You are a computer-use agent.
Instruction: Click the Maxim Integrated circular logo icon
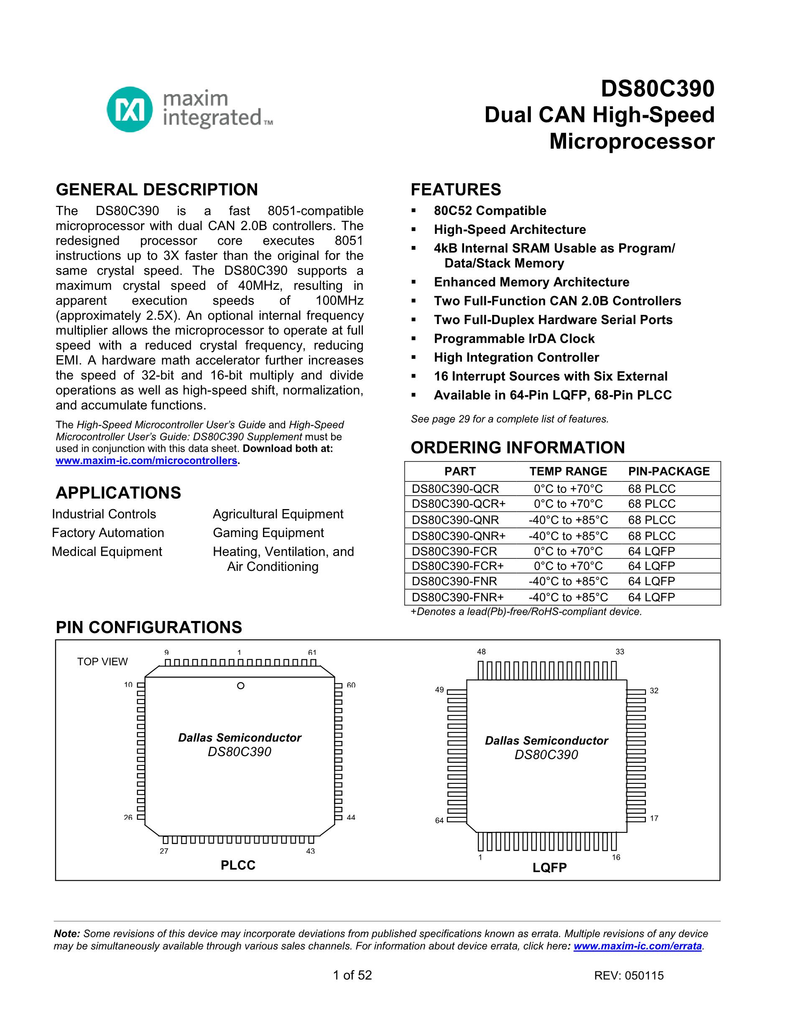pos(130,109)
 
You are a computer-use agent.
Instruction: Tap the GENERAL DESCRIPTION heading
pos(156,190)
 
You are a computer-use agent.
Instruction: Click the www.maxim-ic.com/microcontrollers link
pos(146,460)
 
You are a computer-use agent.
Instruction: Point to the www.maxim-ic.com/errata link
pos(638,946)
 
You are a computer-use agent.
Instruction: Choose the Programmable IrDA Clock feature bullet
pos(514,338)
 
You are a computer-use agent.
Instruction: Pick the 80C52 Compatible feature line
pos(490,210)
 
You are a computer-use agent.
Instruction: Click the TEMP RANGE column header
pos(568,471)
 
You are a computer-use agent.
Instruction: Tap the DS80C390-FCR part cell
pos(454,551)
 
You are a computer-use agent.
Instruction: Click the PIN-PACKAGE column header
pos(668,471)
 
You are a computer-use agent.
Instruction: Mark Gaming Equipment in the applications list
pos(268,532)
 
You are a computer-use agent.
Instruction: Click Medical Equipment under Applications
pos(107,551)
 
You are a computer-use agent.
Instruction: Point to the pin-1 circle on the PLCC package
pos(240,686)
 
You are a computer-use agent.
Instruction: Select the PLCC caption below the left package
pos(238,865)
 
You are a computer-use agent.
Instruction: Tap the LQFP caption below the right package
pos(549,867)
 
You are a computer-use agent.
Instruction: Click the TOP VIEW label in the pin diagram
pos(102,661)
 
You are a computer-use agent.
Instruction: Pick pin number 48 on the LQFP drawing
pos(481,651)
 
